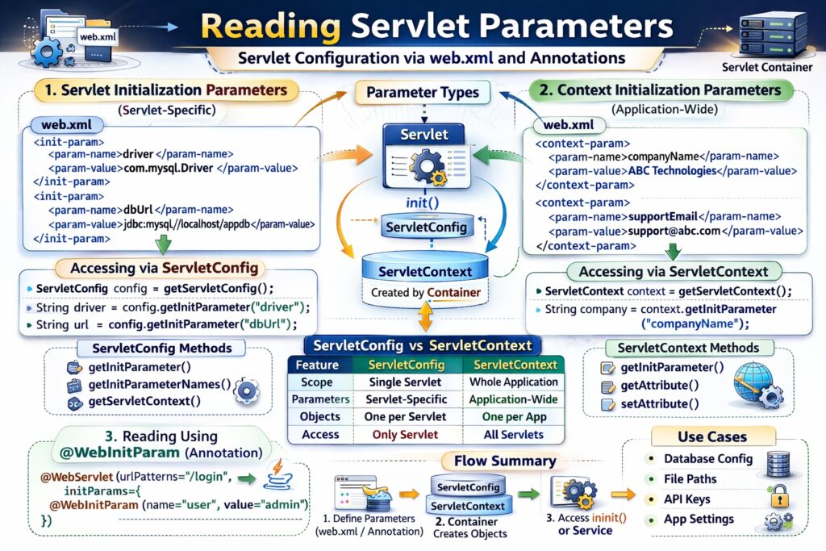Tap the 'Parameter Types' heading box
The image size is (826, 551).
click(422, 92)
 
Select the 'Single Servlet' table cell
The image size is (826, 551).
click(404, 382)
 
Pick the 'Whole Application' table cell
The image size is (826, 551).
click(513, 382)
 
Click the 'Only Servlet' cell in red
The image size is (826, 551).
click(404, 434)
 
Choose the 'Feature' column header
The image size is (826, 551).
click(318, 365)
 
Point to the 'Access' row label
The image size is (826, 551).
click(319, 434)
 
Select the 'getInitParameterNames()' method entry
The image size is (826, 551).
click(159, 384)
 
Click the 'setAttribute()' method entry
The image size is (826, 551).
click(659, 403)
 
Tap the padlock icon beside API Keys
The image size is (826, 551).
click(778, 495)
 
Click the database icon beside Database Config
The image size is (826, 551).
click(778, 462)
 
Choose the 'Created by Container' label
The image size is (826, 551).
click(425, 292)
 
